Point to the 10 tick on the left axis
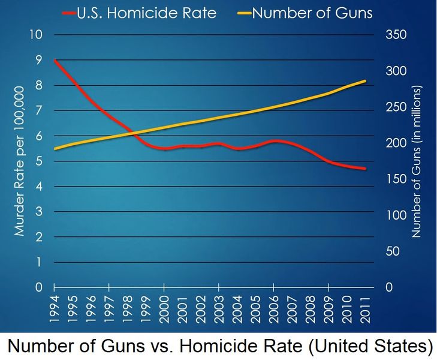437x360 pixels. [36, 34]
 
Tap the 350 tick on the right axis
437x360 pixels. [396, 34]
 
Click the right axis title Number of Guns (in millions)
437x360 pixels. [418, 161]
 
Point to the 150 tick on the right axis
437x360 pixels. [396, 179]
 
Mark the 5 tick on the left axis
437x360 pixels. [39, 161]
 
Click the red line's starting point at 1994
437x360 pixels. [55, 60]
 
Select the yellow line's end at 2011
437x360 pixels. [364, 81]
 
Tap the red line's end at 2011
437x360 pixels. [364, 169]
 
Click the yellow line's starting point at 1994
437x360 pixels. [55, 149]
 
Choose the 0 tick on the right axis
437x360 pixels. [388, 287]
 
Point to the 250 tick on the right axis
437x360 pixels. [396, 107]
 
